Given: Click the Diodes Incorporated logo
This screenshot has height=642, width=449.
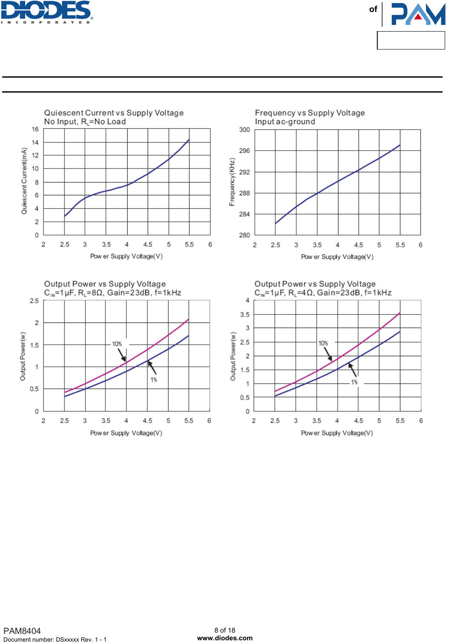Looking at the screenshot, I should (x=47, y=12).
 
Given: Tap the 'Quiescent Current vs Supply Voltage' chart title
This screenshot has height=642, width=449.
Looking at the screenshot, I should (x=114, y=113).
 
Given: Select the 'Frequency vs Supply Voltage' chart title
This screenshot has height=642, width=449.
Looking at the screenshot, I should (x=310, y=113).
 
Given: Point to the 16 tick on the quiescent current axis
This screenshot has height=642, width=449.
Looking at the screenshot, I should (x=35, y=129).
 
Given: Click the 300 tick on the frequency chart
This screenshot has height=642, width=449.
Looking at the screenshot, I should (x=245, y=130).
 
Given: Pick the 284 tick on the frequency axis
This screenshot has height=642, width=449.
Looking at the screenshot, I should (x=245, y=214).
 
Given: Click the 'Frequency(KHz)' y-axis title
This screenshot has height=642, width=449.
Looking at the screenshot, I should (x=232, y=182).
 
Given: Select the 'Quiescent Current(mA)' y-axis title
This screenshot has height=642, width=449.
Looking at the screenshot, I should (x=24, y=181).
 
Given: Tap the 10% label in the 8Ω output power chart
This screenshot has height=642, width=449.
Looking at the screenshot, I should (x=117, y=344).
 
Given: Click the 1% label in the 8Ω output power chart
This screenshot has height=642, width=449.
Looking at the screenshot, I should (x=154, y=380).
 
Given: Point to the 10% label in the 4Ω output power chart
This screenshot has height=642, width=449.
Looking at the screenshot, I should (x=323, y=343).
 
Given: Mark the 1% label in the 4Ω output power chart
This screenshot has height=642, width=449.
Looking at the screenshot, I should (x=354, y=382).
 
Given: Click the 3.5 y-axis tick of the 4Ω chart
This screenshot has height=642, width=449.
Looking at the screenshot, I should (x=245, y=315).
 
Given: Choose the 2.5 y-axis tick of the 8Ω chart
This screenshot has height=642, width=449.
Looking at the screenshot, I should (x=34, y=301).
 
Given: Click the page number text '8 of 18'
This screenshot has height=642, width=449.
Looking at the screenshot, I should (x=225, y=630).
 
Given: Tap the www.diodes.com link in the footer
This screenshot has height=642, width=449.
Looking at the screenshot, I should (x=225, y=638).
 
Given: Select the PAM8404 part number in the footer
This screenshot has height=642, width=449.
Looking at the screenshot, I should (x=22, y=631).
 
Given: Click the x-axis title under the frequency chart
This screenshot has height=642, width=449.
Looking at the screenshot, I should (x=337, y=257).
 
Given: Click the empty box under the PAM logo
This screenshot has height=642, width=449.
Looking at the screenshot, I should (x=411, y=41).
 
